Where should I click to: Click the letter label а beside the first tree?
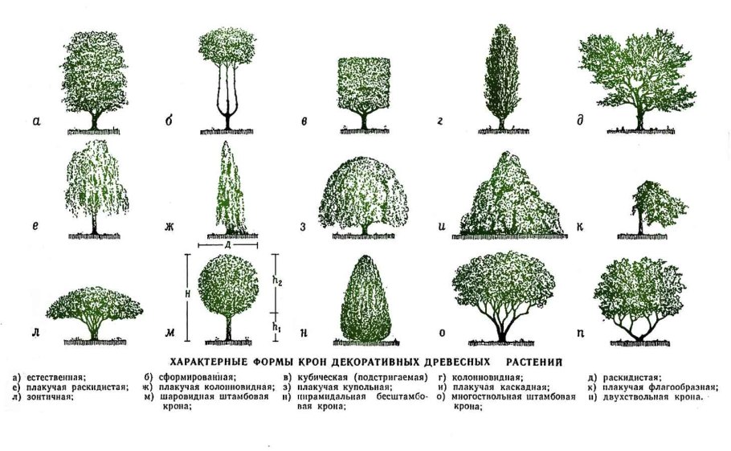tap(37, 122)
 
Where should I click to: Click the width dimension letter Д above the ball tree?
tap(229, 244)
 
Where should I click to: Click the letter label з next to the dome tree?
tap(303, 227)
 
